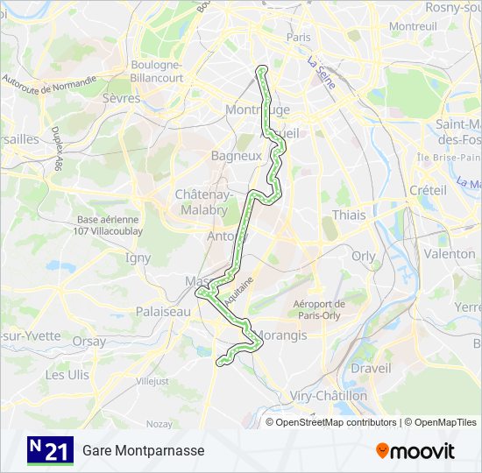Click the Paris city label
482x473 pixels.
298,38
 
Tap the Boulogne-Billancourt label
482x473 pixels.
157,71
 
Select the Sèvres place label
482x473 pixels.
122,98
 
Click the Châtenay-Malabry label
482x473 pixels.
202,202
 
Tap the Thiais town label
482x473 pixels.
348,215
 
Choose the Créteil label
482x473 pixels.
428,190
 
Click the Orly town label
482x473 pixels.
363,257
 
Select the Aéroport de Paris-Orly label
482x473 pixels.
319,310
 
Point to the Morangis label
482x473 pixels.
281,335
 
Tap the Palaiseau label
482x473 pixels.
163,311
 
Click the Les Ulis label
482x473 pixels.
67,374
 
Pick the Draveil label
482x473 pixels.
371,369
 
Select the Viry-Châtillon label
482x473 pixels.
329,396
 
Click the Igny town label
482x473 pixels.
138,258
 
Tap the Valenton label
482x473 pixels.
450,253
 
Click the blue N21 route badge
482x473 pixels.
50,450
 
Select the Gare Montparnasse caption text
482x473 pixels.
144,450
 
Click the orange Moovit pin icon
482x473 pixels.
383,450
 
